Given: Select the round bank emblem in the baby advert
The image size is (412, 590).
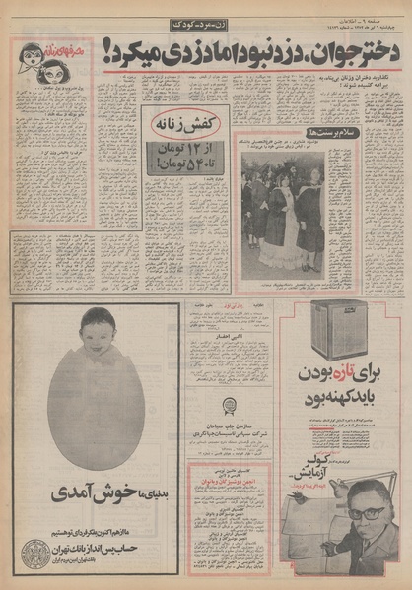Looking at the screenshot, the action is point(35,550).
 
